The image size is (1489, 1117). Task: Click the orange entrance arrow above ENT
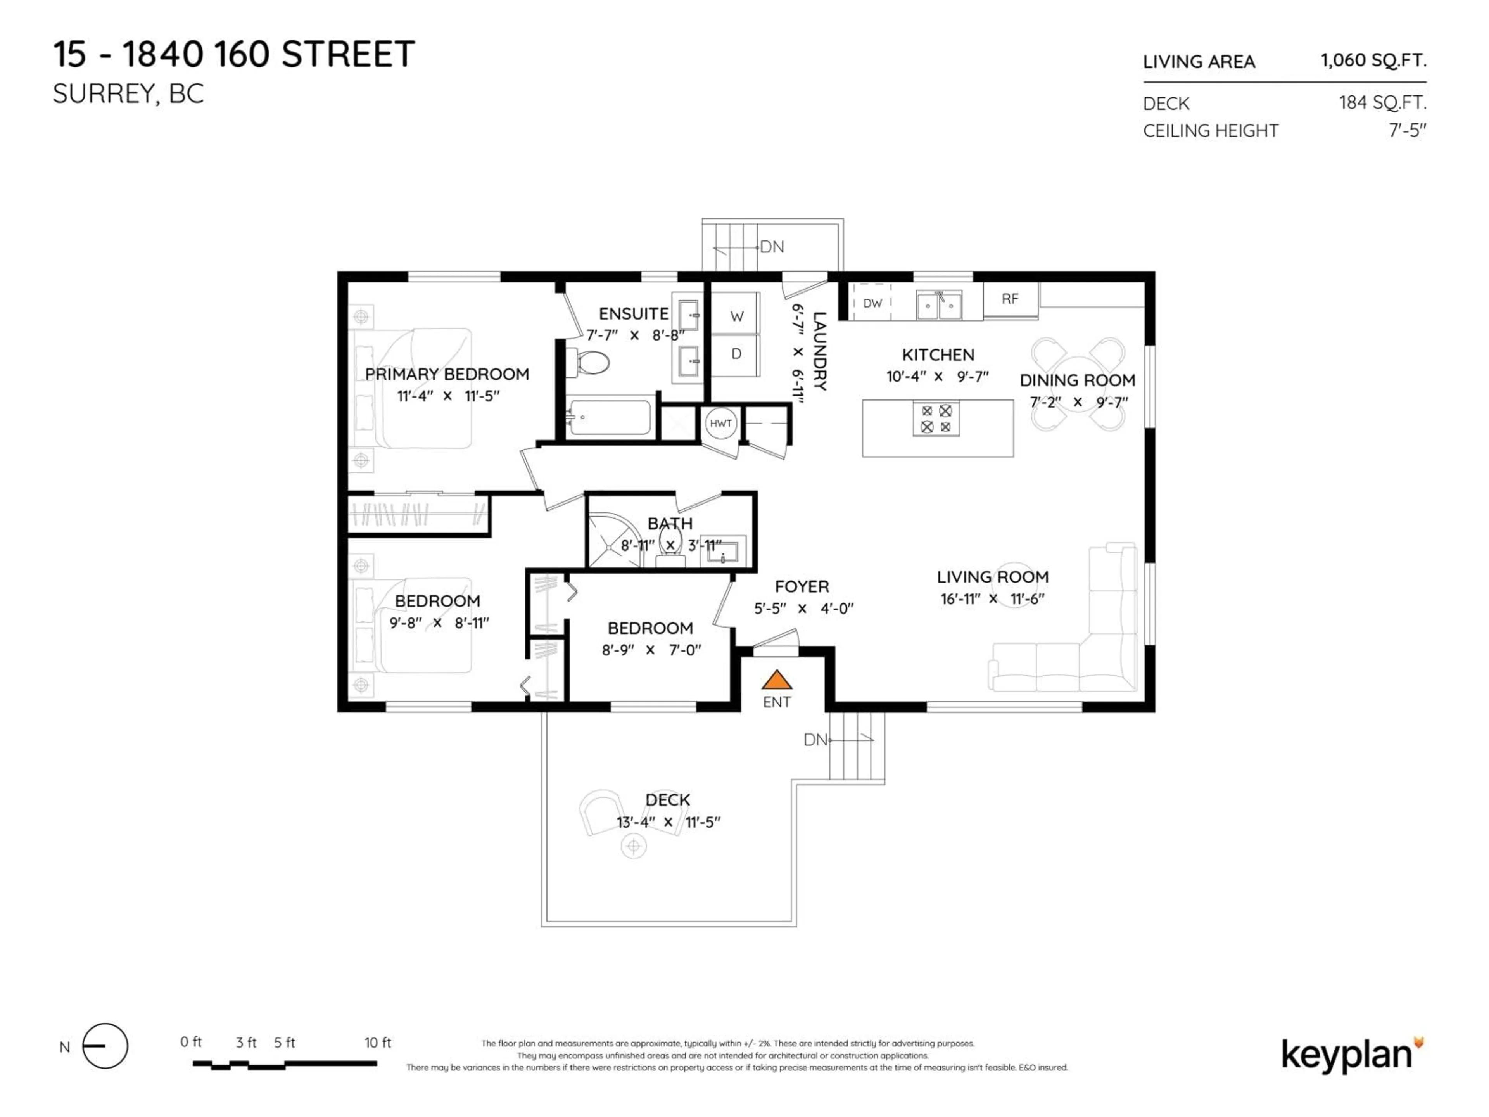[x=776, y=680]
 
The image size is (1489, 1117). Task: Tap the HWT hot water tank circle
[x=720, y=423]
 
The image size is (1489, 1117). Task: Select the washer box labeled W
[x=736, y=316]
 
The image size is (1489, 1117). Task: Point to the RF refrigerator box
[x=1010, y=299]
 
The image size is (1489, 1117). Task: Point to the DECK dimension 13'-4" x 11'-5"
[x=668, y=822]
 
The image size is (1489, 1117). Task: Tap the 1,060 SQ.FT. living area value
[x=1373, y=61]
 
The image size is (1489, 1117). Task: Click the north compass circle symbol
[x=105, y=1046]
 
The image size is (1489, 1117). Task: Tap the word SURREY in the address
[x=104, y=94]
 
